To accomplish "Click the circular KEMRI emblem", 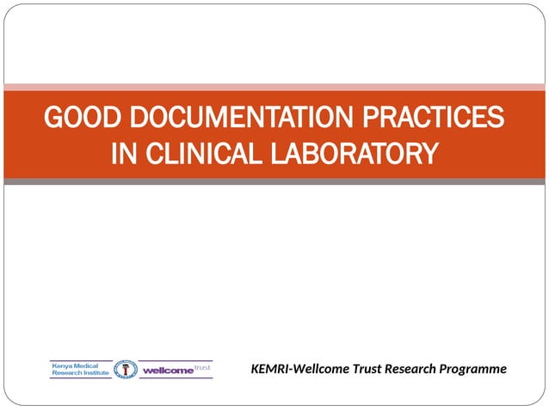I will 126,369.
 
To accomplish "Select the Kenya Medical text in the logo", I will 76,365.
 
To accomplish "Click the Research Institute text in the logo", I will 81,373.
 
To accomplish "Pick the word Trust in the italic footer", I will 365,369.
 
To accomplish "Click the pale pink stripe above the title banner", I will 274,87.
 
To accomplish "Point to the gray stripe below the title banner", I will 274,181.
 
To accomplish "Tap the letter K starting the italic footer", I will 256,369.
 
